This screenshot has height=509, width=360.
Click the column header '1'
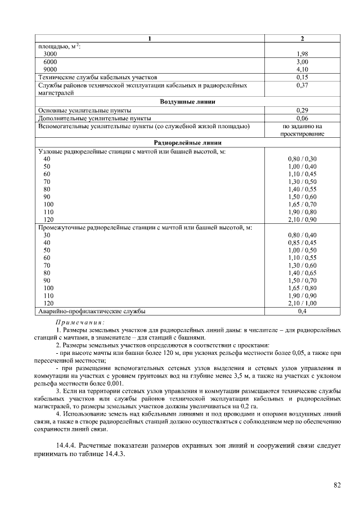[x=150, y=38]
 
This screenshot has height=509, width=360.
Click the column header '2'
[x=302, y=38]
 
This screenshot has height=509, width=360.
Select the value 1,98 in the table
[x=302, y=53]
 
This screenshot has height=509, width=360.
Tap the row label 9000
[x=50, y=69]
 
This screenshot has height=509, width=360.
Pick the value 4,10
[x=302, y=69]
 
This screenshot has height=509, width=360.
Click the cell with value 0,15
[x=302, y=76]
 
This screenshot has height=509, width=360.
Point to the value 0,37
[x=302, y=84]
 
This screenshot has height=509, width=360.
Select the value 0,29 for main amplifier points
[x=302, y=110]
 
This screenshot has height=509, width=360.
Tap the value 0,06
[x=302, y=118]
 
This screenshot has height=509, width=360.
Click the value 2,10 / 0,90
[x=302, y=219]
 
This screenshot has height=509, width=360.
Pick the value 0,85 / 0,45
[x=302, y=242]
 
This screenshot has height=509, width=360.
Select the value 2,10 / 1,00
[x=302, y=303]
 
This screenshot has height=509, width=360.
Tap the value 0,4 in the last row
[x=302, y=311]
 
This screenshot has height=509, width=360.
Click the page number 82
[x=337, y=485]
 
